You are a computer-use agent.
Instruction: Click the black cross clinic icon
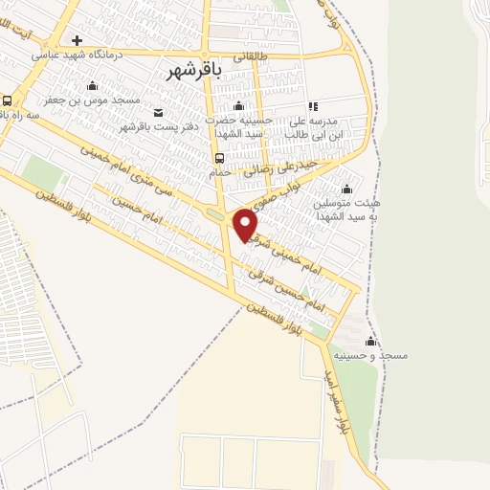(x=77, y=41)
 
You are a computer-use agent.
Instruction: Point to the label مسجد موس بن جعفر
(x=92, y=99)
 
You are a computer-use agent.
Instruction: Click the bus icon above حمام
(x=219, y=158)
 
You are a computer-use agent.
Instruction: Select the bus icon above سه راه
(x=8, y=100)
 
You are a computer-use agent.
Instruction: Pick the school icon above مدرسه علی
(x=311, y=107)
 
